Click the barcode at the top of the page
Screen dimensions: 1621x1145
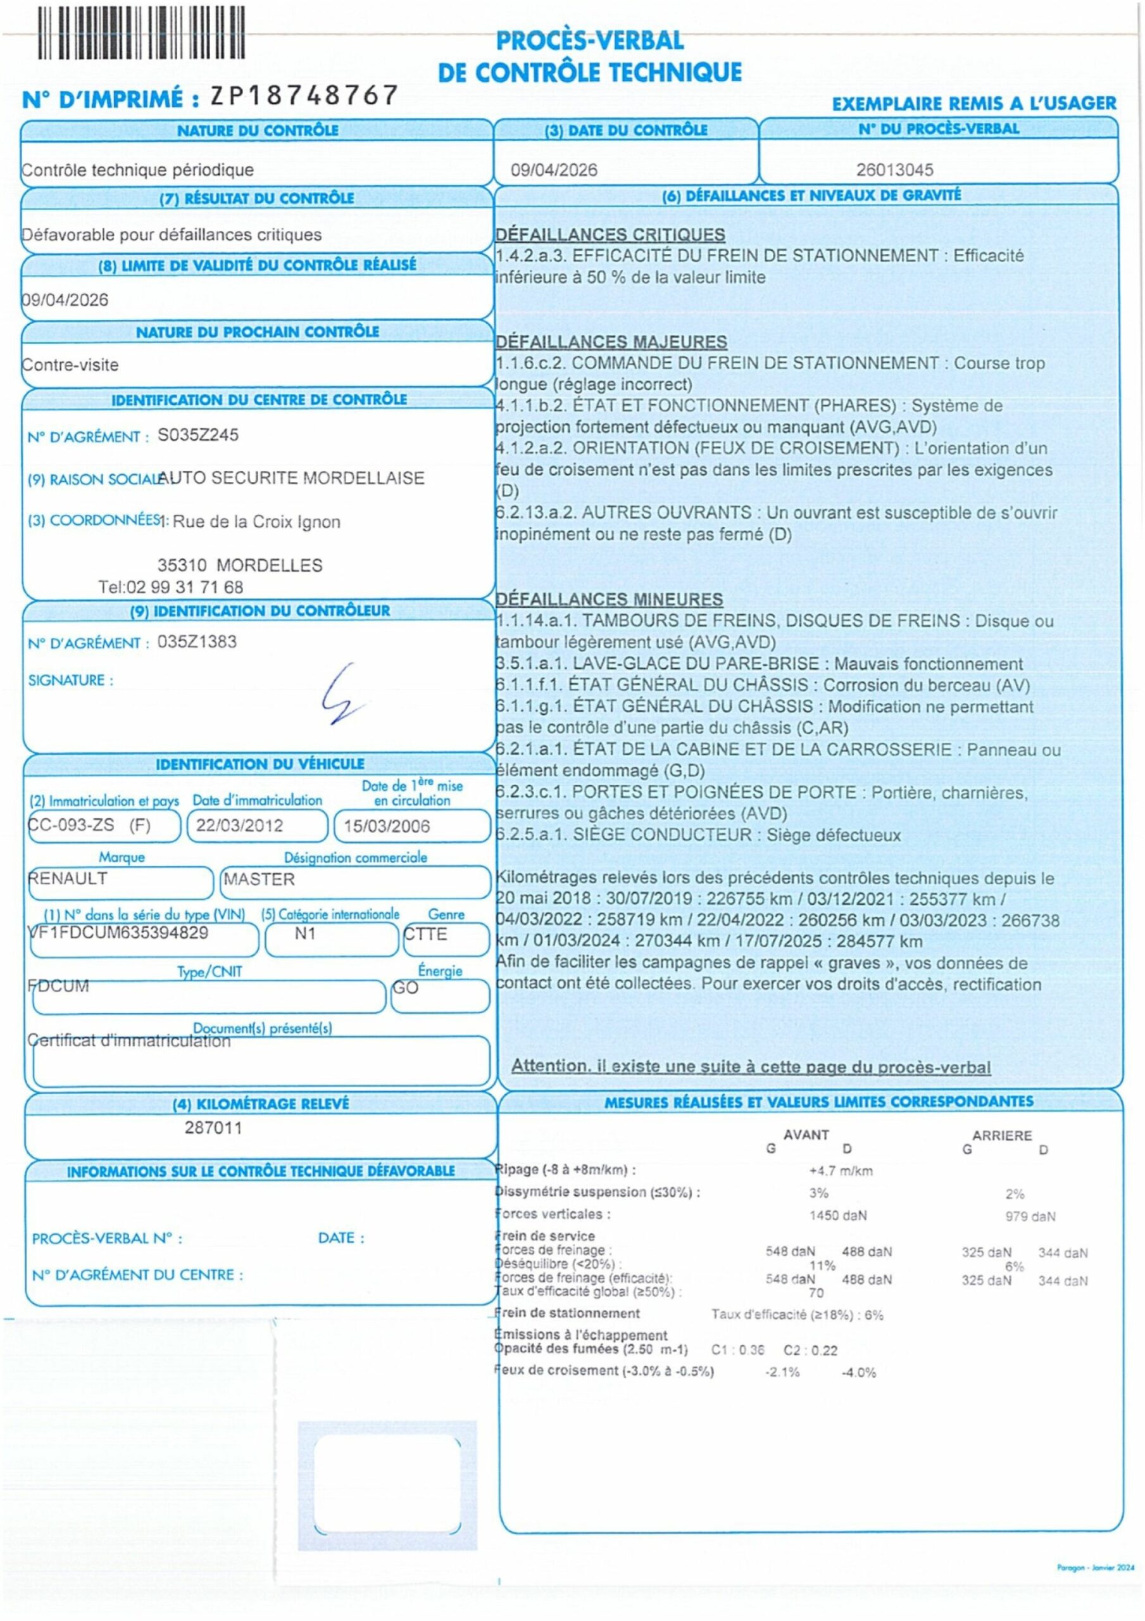click(x=141, y=32)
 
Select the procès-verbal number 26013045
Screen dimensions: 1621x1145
click(x=894, y=170)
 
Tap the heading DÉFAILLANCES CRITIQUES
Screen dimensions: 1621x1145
click(x=610, y=234)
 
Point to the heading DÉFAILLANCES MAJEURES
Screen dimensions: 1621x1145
click(x=611, y=342)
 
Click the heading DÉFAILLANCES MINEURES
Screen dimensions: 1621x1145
click(x=608, y=600)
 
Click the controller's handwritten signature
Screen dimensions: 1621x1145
click(x=342, y=695)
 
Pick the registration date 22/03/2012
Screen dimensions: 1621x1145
click(x=239, y=825)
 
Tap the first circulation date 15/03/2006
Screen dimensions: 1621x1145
click(x=386, y=826)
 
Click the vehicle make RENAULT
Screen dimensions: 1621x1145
click(x=68, y=878)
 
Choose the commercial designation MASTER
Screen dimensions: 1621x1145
click(x=259, y=879)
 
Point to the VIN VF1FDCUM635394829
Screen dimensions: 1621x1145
click(x=118, y=933)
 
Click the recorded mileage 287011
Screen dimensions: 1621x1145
click(x=213, y=1128)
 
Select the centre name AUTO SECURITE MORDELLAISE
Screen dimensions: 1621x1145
click(x=291, y=478)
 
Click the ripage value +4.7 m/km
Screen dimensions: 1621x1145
click(x=840, y=1171)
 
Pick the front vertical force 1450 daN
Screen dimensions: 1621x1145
click(x=837, y=1215)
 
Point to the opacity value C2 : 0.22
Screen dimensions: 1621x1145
click(x=810, y=1350)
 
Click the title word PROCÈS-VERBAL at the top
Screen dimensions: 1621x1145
click(x=589, y=41)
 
